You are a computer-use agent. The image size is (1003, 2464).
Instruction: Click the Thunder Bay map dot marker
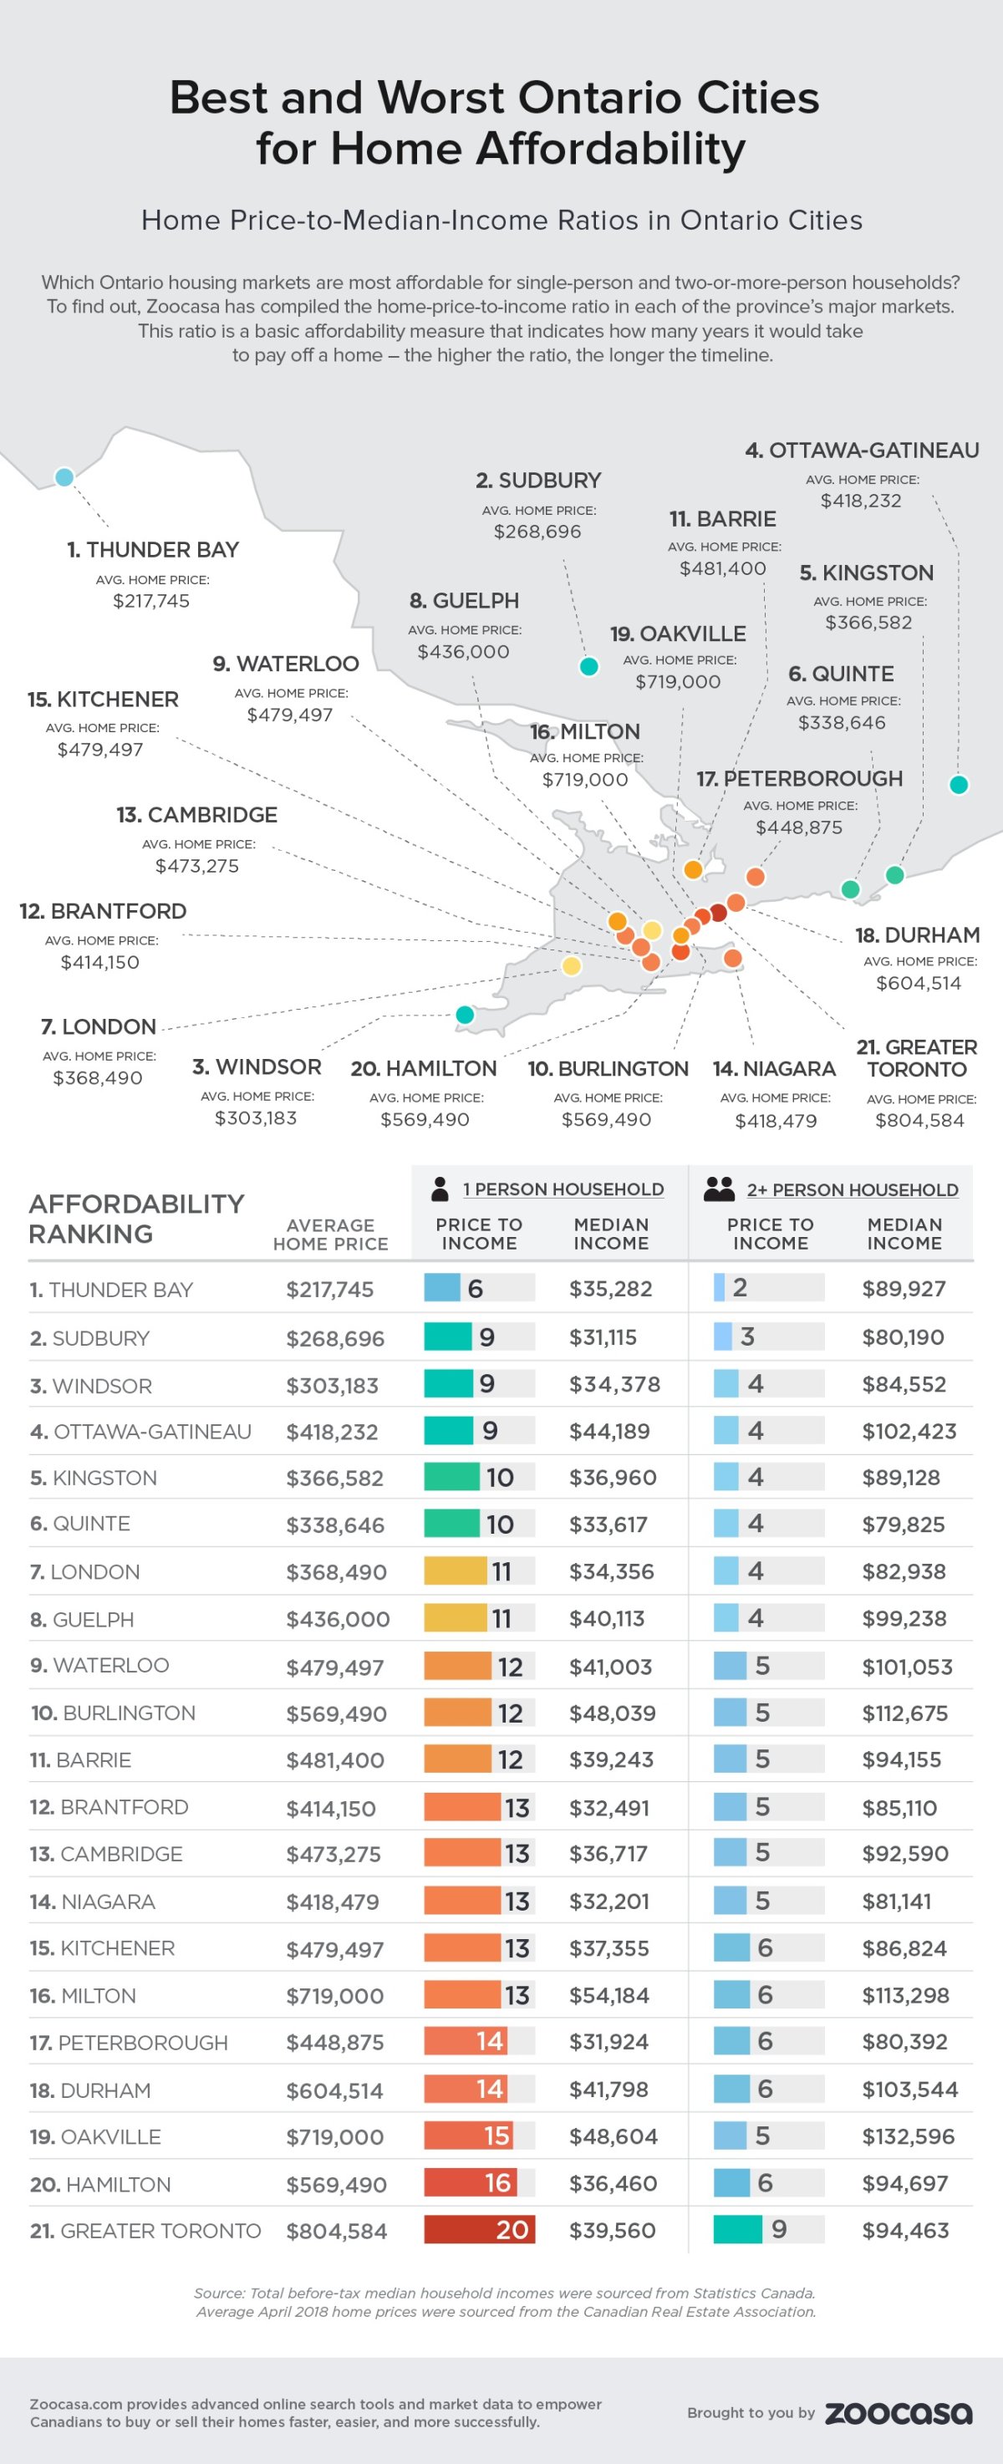click(64, 476)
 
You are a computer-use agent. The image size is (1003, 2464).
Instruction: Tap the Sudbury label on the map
click(538, 480)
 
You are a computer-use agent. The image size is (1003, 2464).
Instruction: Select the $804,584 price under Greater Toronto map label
click(919, 1120)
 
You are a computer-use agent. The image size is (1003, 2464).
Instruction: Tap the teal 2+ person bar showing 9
click(737, 2230)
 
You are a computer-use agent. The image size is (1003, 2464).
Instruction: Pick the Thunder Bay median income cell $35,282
click(610, 1289)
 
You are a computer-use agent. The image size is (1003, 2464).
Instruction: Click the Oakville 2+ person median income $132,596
click(908, 2136)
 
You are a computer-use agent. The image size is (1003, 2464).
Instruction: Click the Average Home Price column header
click(330, 1234)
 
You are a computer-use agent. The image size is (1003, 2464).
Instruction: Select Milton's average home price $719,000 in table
click(334, 1995)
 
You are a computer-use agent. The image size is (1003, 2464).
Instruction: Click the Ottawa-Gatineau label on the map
click(862, 451)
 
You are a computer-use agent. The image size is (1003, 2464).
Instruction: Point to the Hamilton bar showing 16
click(471, 2183)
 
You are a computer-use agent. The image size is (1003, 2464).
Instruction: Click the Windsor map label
click(257, 1067)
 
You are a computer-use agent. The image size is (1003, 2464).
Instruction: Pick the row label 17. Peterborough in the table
click(128, 2042)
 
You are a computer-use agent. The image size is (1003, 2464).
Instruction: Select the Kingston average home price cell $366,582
click(334, 1478)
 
